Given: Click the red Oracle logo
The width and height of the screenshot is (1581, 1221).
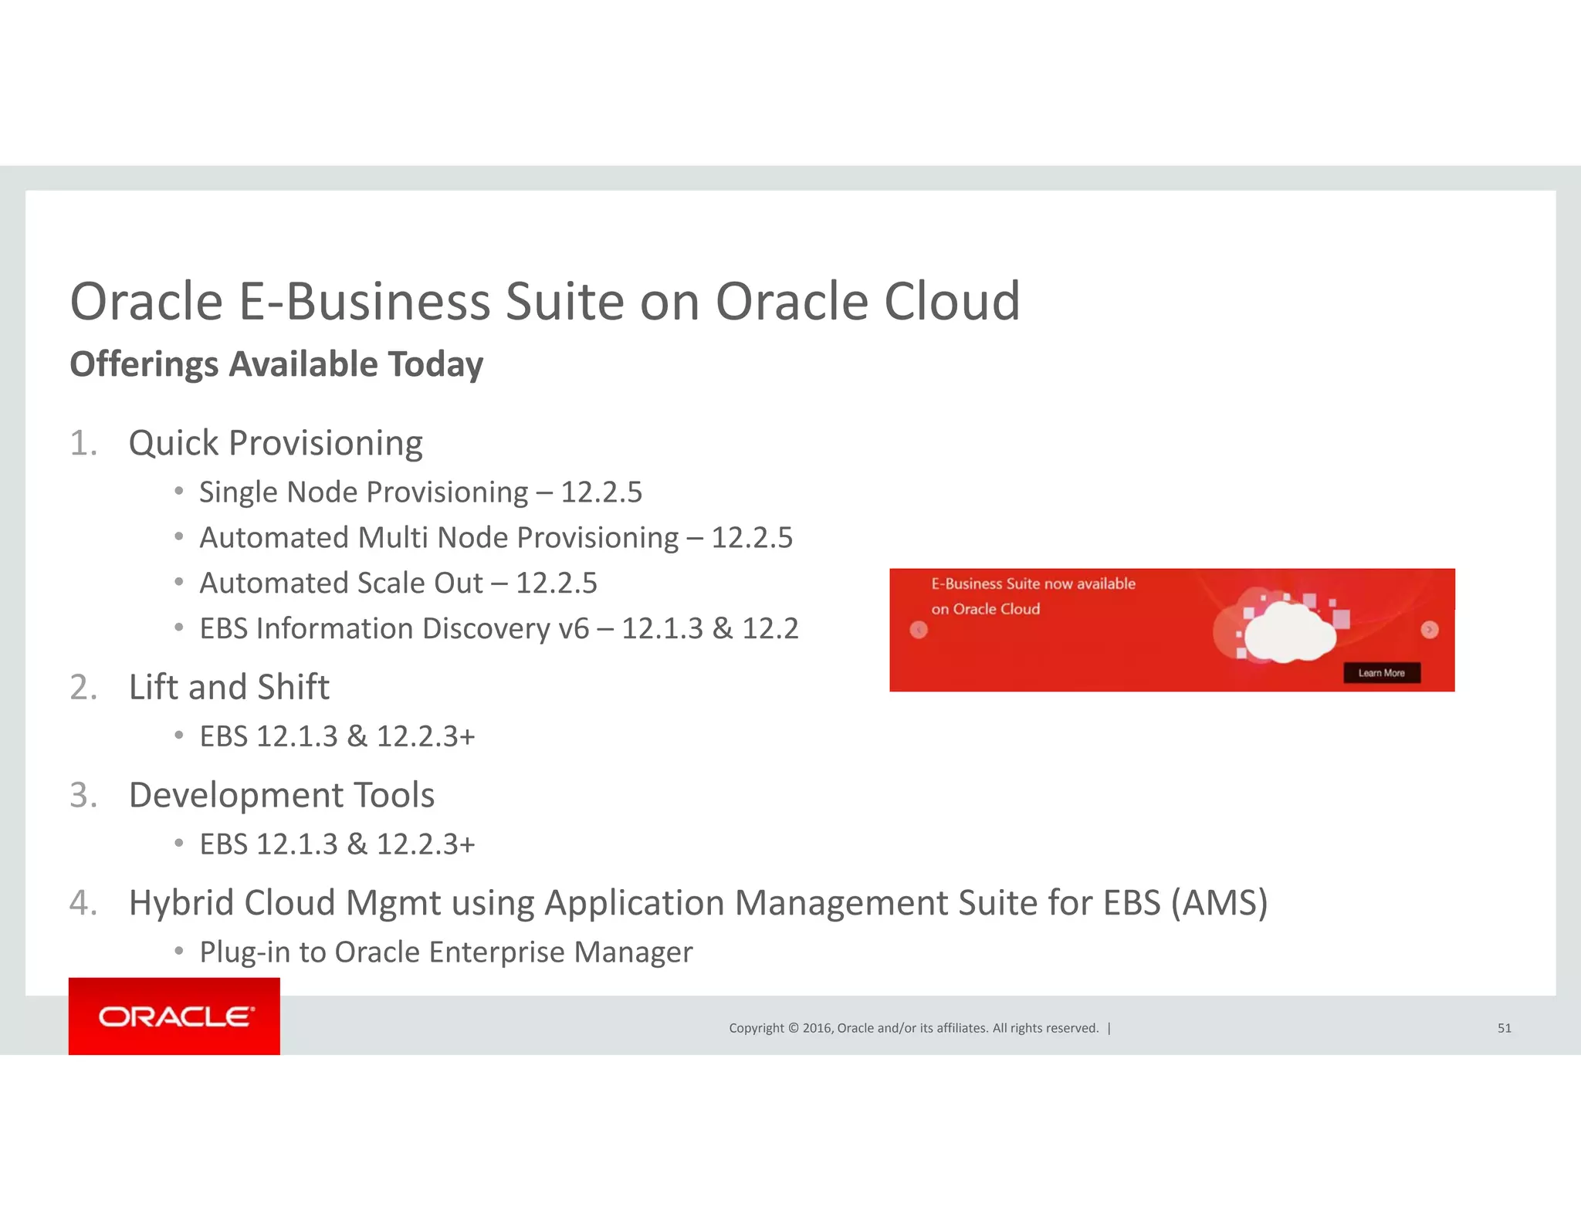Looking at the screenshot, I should click(174, 1016).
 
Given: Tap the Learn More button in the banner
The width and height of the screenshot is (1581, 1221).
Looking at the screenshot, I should click(1381, 673).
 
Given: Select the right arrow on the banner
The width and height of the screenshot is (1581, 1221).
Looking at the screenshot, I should click(1430, 630).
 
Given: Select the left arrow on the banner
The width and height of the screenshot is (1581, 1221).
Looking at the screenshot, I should click(919, 630).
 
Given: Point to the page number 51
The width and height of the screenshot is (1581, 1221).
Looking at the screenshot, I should click(1504, 1028).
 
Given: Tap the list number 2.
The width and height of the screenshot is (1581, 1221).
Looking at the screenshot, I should click(83, 687).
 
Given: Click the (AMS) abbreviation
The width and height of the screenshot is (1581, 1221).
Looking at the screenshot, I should click(1219, 903).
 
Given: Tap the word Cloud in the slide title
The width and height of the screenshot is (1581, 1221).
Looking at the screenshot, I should click(952, 301).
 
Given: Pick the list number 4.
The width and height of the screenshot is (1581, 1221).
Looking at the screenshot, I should click(83, 903).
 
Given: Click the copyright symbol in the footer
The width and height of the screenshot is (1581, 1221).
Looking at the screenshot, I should click(792, 1028).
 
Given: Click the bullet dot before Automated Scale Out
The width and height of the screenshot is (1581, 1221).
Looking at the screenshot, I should click(179, 582).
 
